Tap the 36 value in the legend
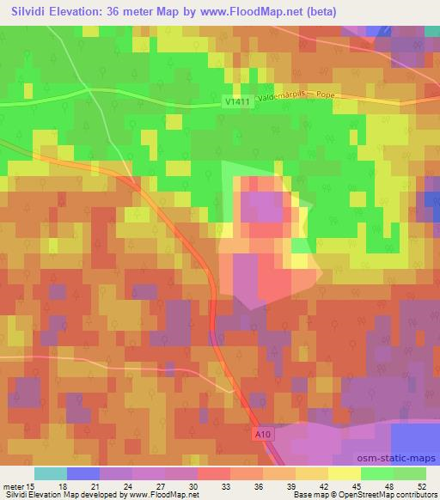point(266,486)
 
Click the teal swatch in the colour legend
point(51,473)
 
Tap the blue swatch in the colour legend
point(83,473)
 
